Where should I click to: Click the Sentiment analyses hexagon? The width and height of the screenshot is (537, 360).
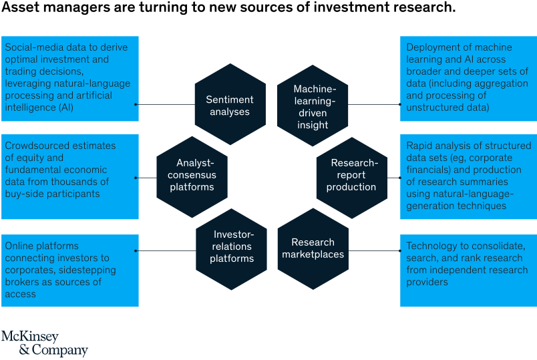230,105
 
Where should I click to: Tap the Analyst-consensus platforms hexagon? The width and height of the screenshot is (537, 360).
192,175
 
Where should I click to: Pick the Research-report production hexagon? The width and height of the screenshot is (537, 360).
351,175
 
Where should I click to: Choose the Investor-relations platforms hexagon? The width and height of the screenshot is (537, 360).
231,246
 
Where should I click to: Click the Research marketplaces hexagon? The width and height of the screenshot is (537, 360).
313,248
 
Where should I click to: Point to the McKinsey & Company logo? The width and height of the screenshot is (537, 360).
44,343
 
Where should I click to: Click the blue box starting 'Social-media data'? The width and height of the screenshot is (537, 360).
69,78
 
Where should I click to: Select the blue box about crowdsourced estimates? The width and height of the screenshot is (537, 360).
69,176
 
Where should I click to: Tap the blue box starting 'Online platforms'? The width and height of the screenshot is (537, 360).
69,270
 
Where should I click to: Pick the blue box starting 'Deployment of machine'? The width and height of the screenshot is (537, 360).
467,78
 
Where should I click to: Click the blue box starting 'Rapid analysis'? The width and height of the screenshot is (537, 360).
467,176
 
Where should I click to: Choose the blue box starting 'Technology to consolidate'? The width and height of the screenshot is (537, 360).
467,270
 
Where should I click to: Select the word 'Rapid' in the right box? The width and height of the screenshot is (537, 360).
421,146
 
